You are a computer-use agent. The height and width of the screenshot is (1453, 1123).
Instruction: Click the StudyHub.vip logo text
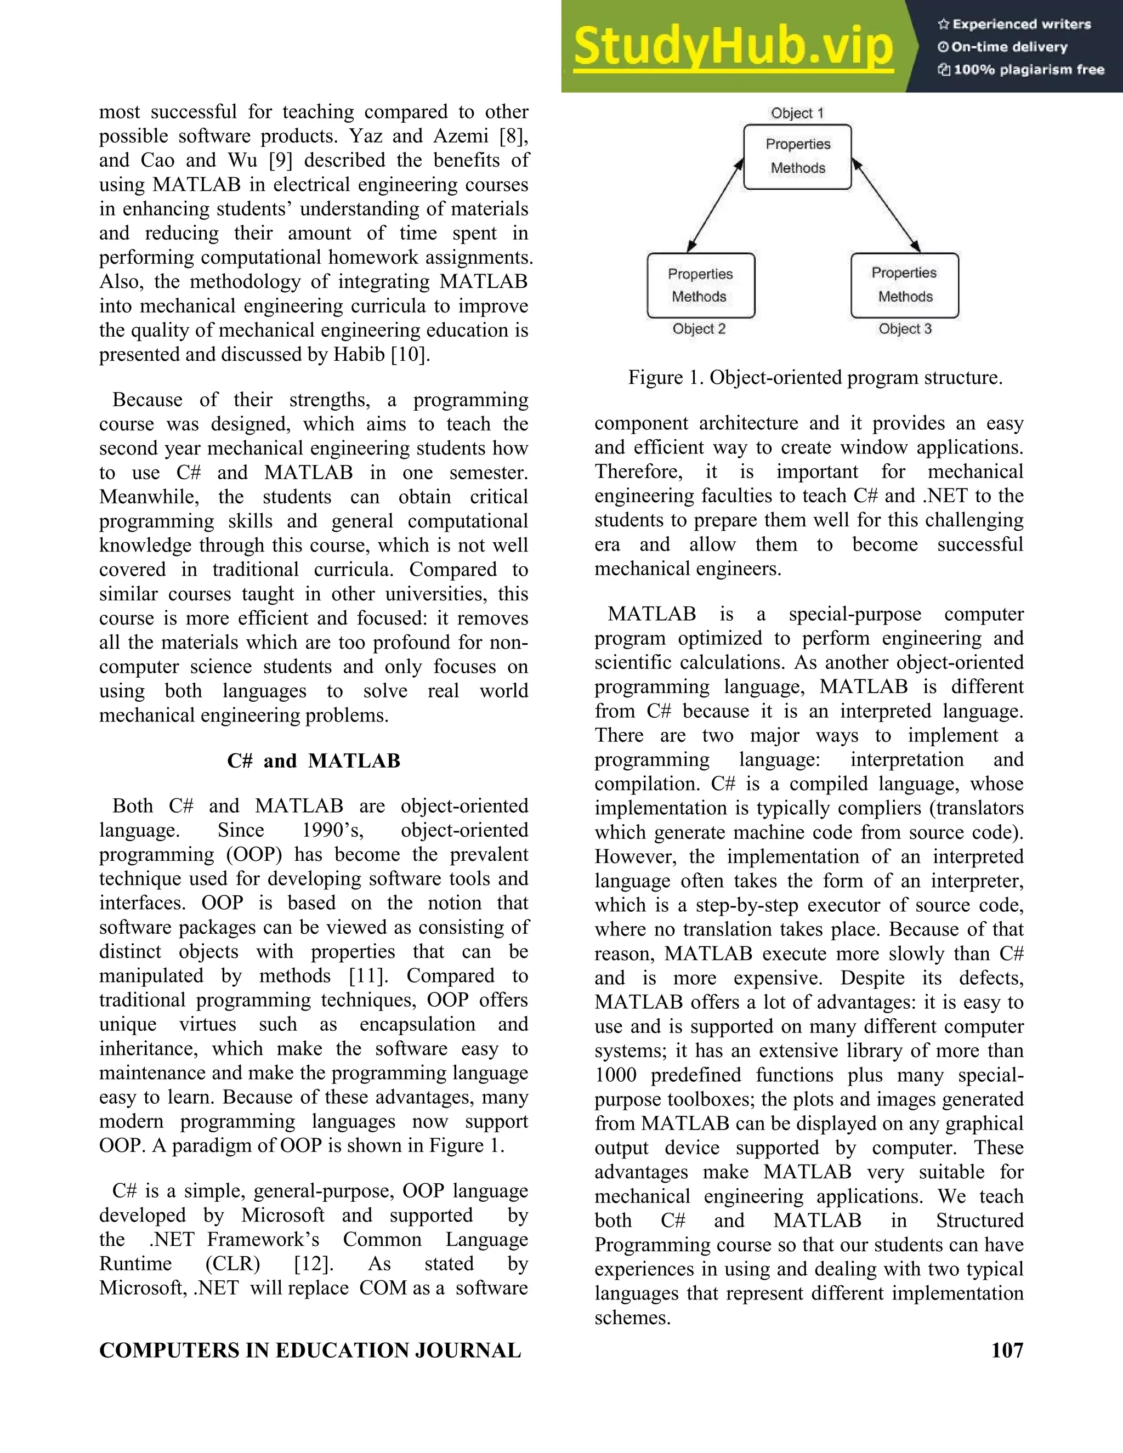pyautogui.click(x=733, y=47)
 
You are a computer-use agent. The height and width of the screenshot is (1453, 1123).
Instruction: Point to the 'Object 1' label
pyautogui.click(x=796, y=113)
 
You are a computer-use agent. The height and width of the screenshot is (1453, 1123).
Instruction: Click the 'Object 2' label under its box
pyautogui.click(x=699, y=328)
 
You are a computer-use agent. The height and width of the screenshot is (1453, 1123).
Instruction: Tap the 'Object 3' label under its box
pyautogui.click(x=905, y=328)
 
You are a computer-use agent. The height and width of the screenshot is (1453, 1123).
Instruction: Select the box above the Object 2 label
pyautogui.click(x=701, y=286)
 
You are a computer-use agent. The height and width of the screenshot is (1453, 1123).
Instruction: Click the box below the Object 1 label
pyautogui.click(x=797, y=156)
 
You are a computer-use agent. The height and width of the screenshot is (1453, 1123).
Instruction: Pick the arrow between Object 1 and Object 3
pyautogui.click(x=886, y=206)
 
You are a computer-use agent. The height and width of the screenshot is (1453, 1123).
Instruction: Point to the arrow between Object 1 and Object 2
pyautogui.click(x=715, y=206)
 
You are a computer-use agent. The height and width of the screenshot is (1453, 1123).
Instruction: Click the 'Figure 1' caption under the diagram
pyautogui.click(x=815, y=378)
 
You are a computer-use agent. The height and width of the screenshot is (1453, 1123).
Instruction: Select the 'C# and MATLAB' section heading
pyautogui.click(x=313, y=760)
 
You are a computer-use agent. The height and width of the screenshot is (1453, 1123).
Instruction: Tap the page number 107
pyautogui.click(x=1007, y=1350)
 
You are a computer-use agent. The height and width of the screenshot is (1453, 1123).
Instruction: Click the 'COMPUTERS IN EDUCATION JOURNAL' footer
pyautogui.click(x=310, y=1350)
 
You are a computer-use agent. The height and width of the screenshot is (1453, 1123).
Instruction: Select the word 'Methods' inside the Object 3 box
pyautogui.click(x=905, y=297)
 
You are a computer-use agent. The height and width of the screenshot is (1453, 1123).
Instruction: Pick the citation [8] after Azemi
pyautogui.click(x=512, y=136)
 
